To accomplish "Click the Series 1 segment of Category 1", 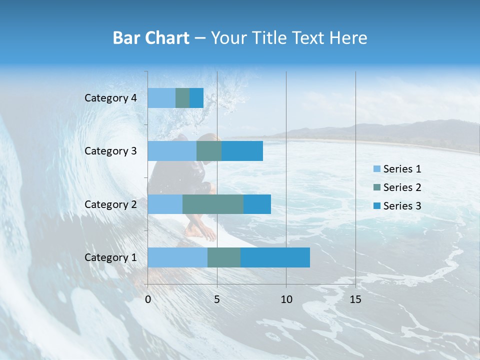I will (x=177, y=257).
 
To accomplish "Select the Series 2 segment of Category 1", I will (x=224, y=257).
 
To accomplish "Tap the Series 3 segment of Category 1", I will (x=275, y=257).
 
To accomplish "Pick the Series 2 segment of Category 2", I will (x=213, y=204).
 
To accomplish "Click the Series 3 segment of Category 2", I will (x=257, y=204).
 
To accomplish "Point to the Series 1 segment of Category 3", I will (x=172, y=151).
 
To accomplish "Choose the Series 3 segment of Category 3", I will (x=242, y=151).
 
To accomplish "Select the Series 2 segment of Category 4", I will (x=182, y=98).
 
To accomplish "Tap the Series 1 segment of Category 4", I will (x=161, y=98).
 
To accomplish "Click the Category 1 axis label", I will (x=110, y=257).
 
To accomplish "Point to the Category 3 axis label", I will (x=110, y=151).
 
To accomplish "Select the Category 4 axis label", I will (x=110, y=98).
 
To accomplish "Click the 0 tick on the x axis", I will (x=148, y=299).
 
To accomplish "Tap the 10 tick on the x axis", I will (x=286, y=299).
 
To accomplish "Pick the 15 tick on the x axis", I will (x=355, y=299).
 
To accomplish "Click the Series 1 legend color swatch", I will (x=376, y=169).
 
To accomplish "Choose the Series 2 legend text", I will (x=402, y=187).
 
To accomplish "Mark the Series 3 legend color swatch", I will (x=376, y=206).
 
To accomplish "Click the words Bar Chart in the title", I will (x=151, y=38).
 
